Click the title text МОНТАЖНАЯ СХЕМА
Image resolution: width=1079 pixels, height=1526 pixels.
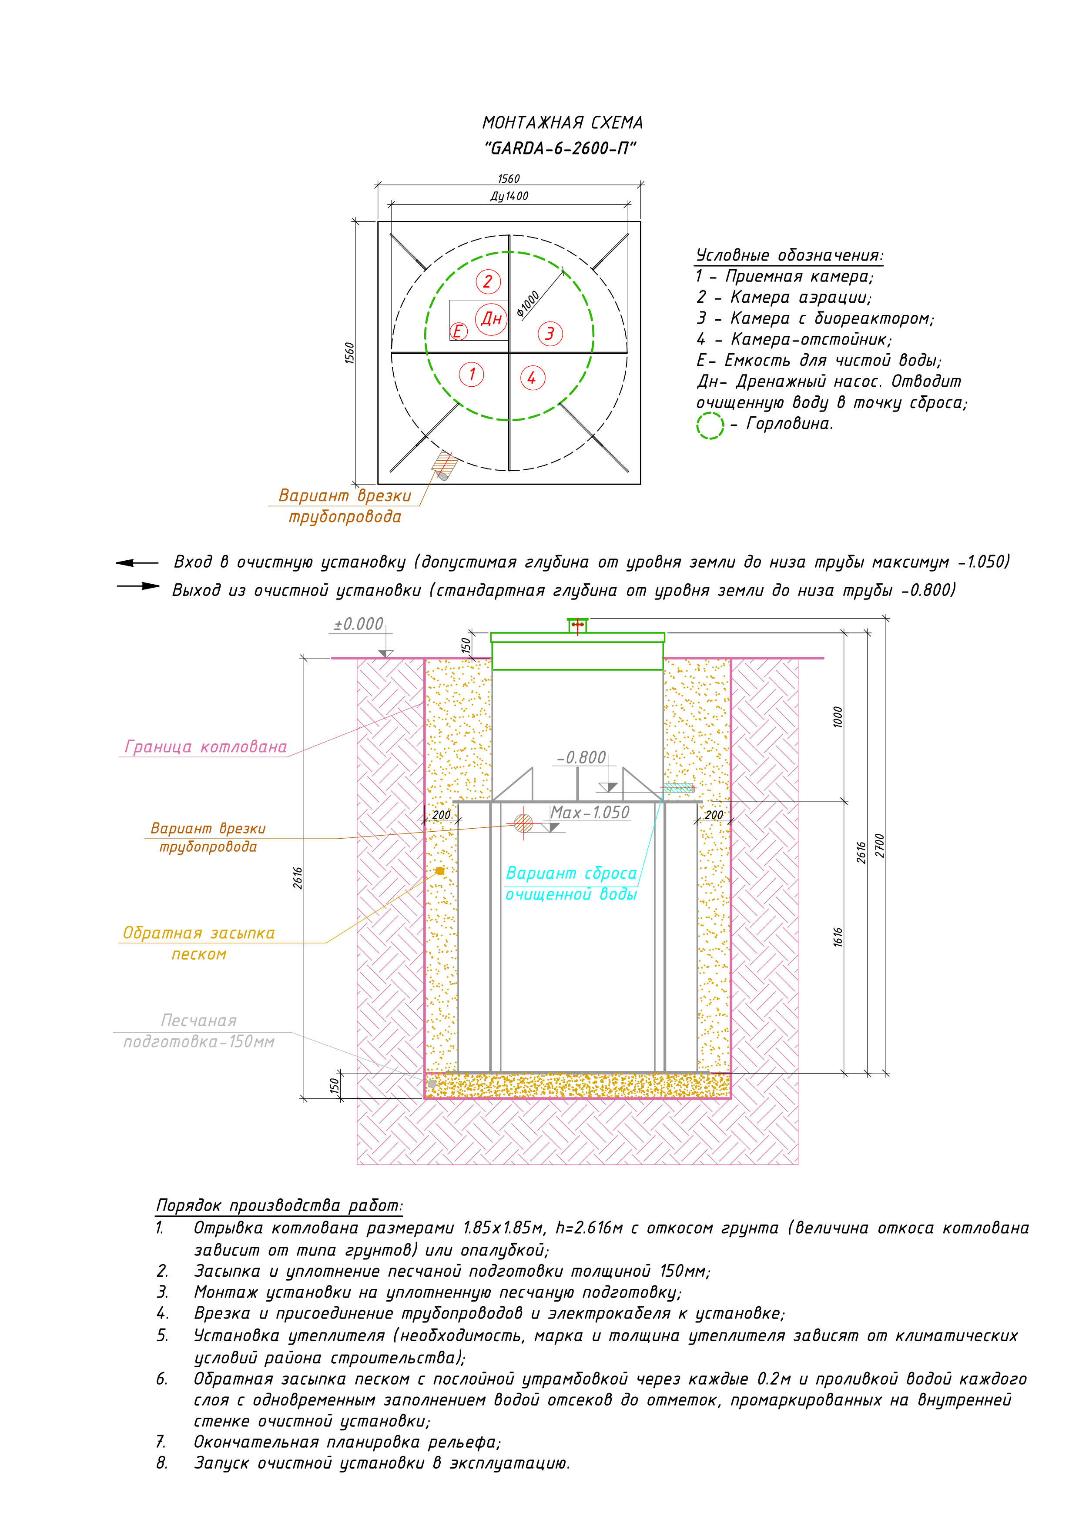click(x=563, y=123)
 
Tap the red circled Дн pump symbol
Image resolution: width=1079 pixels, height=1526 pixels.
click(x=491, y=318)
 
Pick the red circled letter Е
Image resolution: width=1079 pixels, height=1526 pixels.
click(x=458, y=331)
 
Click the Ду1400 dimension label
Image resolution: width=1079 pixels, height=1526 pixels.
click(x=509, y=196)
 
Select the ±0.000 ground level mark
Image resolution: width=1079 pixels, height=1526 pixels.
click(x=359, y=624)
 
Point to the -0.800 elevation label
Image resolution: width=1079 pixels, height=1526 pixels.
click(x=581, y=758)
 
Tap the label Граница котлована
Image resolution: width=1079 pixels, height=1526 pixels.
click(x=206, y=747)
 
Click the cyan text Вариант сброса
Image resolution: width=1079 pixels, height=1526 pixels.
click(x=571, y=873)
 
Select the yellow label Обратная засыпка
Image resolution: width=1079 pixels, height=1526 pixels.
click(x=199, y=933)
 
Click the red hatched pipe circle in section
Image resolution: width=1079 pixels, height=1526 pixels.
click(x=523, y=823)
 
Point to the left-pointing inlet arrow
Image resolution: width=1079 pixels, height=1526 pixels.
click(x=137, y=563)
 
